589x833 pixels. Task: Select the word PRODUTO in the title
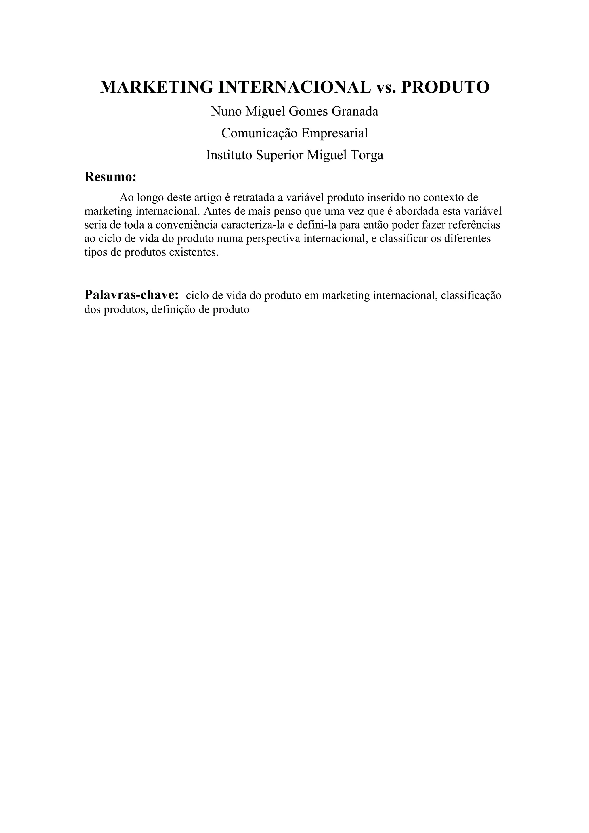pos(445,87)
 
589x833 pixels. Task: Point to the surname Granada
pos(355,111)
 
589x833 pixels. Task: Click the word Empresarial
pos(334,133)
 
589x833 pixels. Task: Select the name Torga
pos(367,155)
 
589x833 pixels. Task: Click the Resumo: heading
pos(110,177)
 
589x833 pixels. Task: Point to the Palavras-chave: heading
pos(131,295)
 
